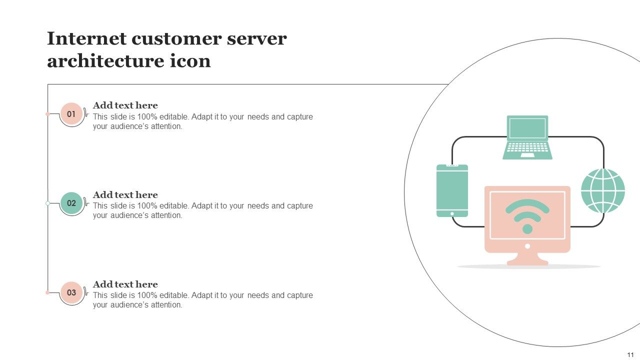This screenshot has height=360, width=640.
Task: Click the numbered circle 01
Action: point(71,114)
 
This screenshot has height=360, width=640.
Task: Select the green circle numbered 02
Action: point(71,203)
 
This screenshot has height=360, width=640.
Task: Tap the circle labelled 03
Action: point(71,292)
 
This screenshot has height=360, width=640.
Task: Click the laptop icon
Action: point(527,137)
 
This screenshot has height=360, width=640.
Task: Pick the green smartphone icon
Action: point(452,190)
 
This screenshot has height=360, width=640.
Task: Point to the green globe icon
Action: point(603,190)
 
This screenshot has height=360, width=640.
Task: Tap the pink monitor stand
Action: point(527,258)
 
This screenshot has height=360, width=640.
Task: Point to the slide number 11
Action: point(630,354)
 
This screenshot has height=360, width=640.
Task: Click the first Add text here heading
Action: point(125,105)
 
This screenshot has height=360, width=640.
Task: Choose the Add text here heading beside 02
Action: point(125,195)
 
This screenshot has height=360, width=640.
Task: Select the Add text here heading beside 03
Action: point(125,284)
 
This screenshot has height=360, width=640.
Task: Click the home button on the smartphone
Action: point(452,213)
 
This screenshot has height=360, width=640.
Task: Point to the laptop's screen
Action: point(527,128)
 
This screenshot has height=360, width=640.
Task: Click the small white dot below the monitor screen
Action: point(527,246)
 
